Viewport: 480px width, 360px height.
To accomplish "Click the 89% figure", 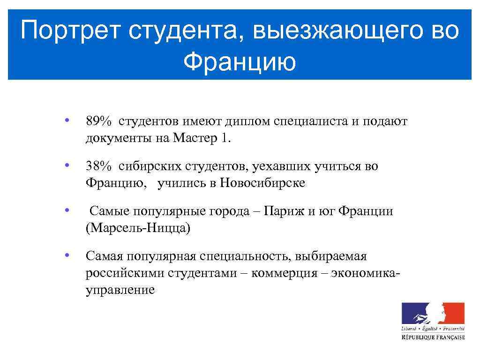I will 98,122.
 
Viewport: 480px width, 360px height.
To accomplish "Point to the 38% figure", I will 98,166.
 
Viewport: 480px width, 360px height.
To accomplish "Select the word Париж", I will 284,211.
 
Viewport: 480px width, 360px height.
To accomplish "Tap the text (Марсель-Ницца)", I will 138,228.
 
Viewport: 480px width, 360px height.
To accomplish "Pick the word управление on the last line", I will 120,290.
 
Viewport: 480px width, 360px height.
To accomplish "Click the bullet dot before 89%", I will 68,121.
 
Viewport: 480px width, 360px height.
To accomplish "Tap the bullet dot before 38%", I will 68,165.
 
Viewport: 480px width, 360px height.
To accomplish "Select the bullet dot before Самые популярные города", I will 68,210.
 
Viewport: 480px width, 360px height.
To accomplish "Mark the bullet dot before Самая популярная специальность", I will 68,255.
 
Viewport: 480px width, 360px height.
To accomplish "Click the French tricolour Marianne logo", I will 433,313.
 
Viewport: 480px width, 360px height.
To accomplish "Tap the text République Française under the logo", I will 433,337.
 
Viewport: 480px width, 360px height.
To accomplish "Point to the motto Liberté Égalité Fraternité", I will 433,329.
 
